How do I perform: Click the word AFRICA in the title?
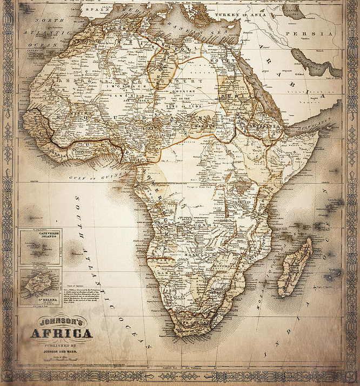(x=61, y=333)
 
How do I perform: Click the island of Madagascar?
(x=295, y=267)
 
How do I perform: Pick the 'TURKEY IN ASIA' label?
(x=241, y=15)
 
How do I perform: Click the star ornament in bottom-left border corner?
(x=8, y=376)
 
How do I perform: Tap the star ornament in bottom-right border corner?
(x=352, y=376)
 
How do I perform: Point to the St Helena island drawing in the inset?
(x=41, y=281)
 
